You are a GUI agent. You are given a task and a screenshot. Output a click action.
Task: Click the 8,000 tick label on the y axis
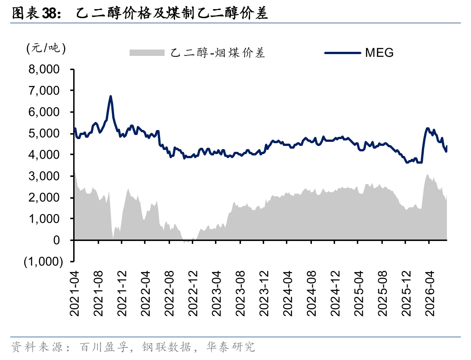click(44, 70)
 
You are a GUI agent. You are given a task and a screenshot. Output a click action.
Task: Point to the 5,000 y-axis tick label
click(44, 133)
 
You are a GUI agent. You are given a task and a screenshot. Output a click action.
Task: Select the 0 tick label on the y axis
click(56, 240)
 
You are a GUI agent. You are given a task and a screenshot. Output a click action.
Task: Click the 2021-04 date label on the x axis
click(75, 293)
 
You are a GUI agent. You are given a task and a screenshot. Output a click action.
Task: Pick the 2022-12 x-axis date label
click(193, 293)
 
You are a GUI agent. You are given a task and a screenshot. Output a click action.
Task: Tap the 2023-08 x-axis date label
click(241, 293)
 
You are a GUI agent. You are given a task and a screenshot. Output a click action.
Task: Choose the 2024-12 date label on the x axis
click(335, 293)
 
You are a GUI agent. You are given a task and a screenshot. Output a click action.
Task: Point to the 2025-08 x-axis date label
click(383, 293)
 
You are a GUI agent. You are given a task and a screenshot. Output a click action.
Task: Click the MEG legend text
click(379, 53)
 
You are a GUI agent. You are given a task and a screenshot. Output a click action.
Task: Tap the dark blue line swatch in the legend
click(343, 53)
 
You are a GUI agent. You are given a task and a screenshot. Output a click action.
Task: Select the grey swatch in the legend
click(147, 53)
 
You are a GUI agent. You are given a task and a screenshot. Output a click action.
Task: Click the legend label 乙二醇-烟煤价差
click(218, 53)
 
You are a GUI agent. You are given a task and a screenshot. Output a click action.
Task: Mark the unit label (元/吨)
click(46, 48)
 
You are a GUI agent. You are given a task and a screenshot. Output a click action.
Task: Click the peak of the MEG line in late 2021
click(110, 96)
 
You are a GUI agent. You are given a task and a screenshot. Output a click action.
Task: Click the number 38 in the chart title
click(49, 13)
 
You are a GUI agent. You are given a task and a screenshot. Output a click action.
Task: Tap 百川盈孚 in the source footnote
click(104, 347)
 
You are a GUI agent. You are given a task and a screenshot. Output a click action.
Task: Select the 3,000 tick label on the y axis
click(44, 176)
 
